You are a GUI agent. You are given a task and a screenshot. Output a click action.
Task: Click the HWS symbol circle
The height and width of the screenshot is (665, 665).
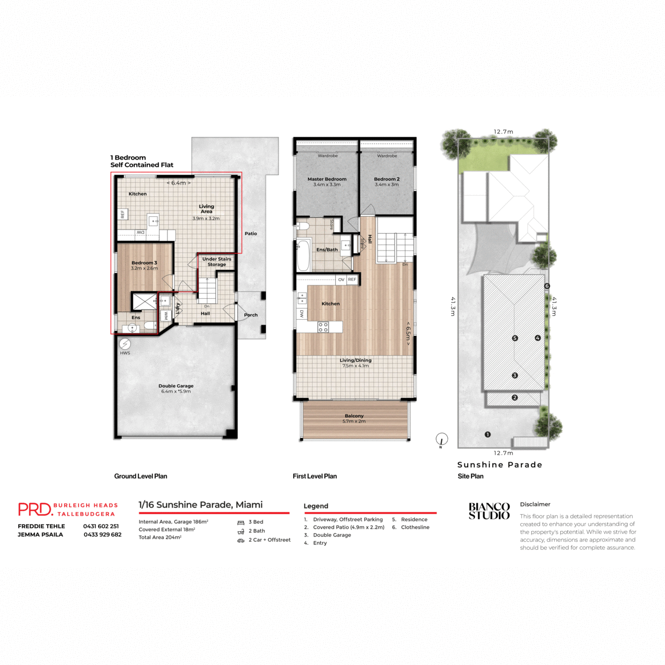point(125,344)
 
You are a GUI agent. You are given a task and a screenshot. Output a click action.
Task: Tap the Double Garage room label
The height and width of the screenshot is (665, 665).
point(176,386)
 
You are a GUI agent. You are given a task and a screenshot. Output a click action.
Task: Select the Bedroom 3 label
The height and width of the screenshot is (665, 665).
point(144,263)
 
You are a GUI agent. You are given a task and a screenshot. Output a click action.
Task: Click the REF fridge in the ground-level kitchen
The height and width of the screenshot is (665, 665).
point(122,214)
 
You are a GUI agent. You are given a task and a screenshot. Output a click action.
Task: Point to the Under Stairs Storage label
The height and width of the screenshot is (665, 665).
point(217,262)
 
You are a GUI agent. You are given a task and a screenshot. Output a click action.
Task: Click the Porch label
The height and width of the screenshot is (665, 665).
point(250,315)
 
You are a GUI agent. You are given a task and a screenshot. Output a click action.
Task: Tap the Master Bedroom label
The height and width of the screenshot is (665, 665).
point(327,179)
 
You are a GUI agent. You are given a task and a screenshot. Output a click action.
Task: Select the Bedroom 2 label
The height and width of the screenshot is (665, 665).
point(386,179)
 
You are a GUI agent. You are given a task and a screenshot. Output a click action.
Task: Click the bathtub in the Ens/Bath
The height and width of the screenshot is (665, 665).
point(303,255)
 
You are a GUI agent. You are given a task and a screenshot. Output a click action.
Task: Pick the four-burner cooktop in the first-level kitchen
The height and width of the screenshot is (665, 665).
point(323,327)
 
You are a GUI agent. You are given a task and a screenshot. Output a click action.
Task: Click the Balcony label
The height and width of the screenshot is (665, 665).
point(354,416)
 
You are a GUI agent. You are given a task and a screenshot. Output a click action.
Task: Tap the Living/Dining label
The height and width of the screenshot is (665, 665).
point(355,360)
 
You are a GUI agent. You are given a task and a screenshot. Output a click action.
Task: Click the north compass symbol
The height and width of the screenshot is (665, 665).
point(441,439)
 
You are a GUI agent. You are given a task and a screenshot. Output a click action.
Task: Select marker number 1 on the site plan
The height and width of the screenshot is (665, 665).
point(488,434)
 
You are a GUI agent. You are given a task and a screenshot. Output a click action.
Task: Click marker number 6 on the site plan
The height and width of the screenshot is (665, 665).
point(547,286)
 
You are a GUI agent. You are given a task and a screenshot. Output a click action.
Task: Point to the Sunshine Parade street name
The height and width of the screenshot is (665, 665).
point(499,465)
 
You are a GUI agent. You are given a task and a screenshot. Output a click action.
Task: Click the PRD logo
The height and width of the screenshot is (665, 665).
point(35,509)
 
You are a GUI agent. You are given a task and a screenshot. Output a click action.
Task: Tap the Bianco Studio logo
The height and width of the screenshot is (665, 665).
point(489,511)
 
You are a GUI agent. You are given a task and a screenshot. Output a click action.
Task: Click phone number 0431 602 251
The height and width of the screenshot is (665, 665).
point(101,526)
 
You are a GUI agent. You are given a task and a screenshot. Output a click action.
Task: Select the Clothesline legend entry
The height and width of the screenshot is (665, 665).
point(415,528)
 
